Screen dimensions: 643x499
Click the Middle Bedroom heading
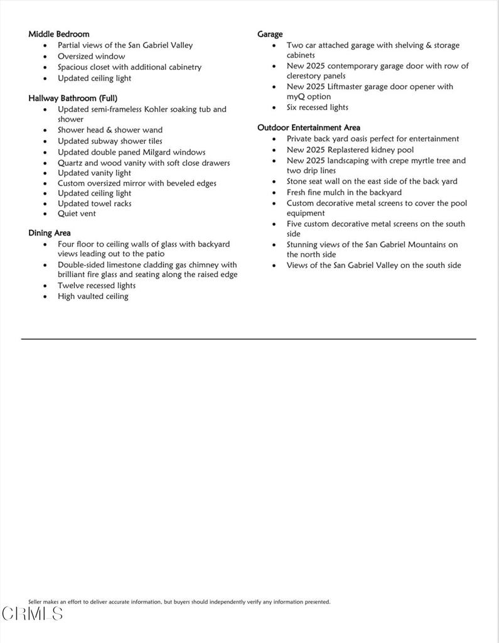58,34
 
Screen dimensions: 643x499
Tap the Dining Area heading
49,233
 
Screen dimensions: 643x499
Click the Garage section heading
270,34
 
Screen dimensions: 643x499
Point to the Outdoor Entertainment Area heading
308,127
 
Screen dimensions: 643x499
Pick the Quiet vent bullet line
77,213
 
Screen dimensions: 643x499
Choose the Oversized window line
91,56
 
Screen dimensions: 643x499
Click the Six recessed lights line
317,107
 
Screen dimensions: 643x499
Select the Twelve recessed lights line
96,286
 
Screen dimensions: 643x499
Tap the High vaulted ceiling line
93,296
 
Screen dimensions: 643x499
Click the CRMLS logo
32,613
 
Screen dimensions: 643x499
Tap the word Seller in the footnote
35,602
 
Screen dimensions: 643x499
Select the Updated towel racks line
94,203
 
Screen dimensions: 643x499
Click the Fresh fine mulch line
343,193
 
